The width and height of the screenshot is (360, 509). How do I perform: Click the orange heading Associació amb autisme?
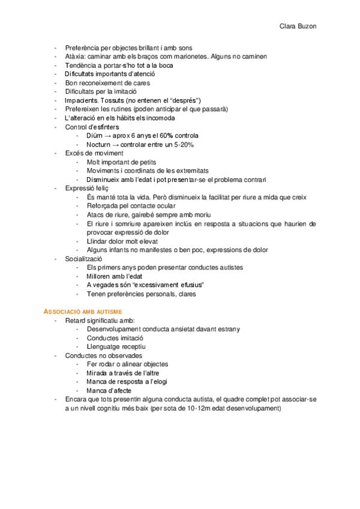[x=83, y=312]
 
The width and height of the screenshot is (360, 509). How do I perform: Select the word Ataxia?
[x=75, y=56]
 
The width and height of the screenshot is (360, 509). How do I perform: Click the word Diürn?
[x=97, y=136]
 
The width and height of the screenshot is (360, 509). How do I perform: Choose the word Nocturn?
[x=100, y=145]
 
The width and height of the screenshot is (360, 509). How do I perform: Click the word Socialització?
[x=88, y=259]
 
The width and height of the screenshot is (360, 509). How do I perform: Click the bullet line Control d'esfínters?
[x=92, y=127]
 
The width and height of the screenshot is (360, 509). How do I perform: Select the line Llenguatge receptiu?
[x=116, y=346]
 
